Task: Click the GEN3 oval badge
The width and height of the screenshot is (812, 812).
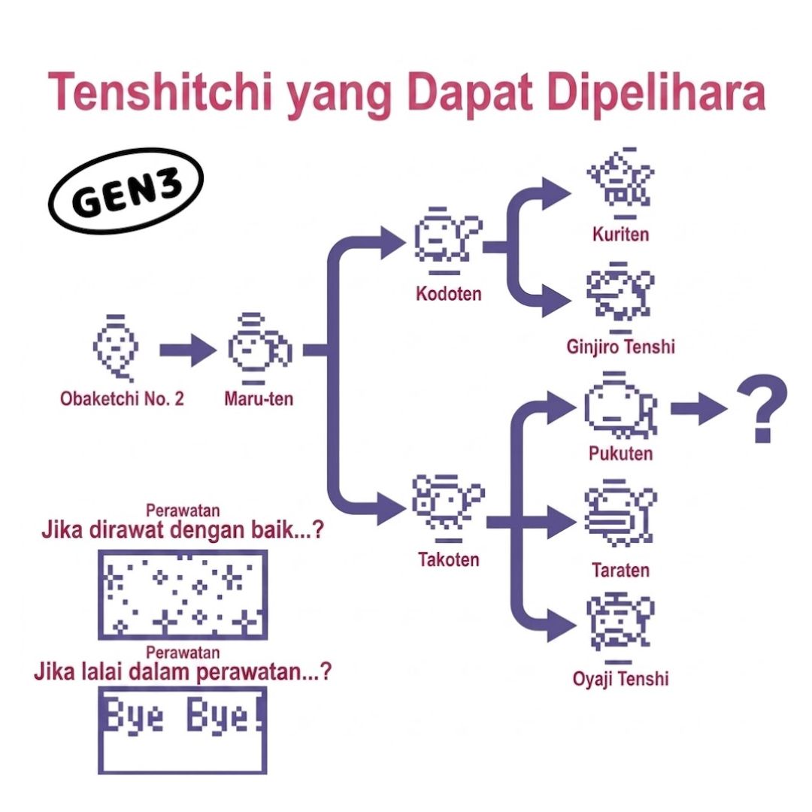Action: click(126, 189)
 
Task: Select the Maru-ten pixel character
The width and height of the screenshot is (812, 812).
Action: click(259, 348)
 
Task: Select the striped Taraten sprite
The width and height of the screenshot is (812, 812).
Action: click(620, 514)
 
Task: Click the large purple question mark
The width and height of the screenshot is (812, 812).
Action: click(763, 409)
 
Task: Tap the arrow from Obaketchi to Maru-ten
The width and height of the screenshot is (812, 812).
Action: click(188, 350)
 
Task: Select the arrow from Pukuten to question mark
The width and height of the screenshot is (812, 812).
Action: click(698, 408)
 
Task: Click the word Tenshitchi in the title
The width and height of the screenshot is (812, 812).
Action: click(160, 93)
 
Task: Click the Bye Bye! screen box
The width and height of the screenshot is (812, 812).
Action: click(183, 731)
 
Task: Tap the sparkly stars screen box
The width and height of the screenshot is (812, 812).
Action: click(183, 595)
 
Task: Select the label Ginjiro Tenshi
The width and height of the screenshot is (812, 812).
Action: click(621, 347)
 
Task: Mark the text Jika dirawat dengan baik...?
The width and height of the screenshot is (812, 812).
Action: click(183, 530)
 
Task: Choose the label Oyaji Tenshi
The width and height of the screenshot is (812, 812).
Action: click(621, 678)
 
